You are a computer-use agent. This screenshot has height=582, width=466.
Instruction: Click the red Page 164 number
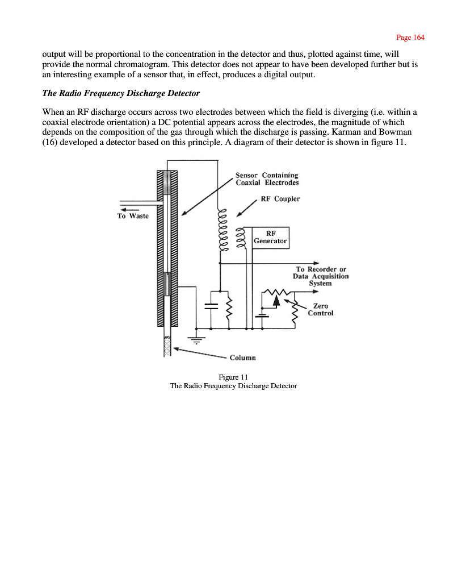tap(410, 38)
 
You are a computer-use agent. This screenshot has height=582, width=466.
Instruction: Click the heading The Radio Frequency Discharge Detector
tap(121, 93)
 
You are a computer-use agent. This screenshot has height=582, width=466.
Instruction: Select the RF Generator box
tap(270, 238)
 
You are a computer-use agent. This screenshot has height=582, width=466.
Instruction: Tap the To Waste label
tap(133, 216)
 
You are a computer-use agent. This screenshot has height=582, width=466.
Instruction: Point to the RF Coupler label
tap(280, 199)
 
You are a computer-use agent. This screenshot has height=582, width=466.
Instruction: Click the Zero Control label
tap(320, 310)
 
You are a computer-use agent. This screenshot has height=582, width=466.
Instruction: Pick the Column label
tap(242, 358)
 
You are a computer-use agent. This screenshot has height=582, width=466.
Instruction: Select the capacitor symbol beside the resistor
tap(211, 306)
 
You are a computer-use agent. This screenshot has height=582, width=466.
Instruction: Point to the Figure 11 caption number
tap(233, 377)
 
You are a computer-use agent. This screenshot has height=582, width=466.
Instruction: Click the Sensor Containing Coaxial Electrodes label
tap(267, 179)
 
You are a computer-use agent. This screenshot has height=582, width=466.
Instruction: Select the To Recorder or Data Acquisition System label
tap(321, 276)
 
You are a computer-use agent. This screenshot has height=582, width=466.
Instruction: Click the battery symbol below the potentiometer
tap(262, 316)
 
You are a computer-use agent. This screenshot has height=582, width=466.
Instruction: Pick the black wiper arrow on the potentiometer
tap(276, 300)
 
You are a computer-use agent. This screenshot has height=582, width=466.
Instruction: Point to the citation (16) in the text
tap(49, 143)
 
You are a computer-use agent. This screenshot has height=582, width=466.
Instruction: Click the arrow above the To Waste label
tap(130, 210)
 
